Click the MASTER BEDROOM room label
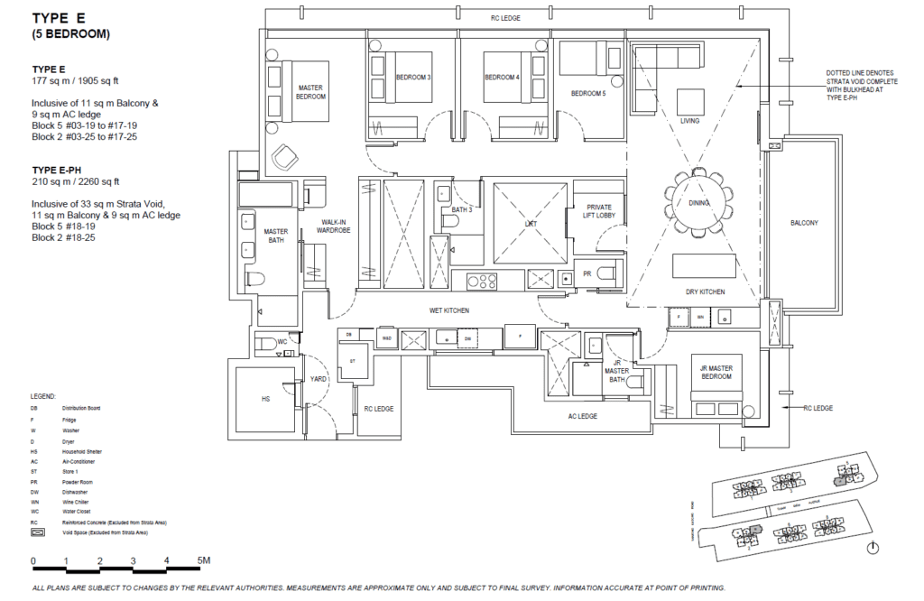point(310,92)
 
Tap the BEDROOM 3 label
point(413,78)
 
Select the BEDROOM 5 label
point(587,92)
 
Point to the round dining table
point(699,203)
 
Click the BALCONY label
point(804,222)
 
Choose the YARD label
point(318,380)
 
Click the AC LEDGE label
point(585,417)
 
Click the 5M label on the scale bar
point(202,560)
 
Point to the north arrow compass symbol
point(873,547)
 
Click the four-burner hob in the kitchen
point(481,281)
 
